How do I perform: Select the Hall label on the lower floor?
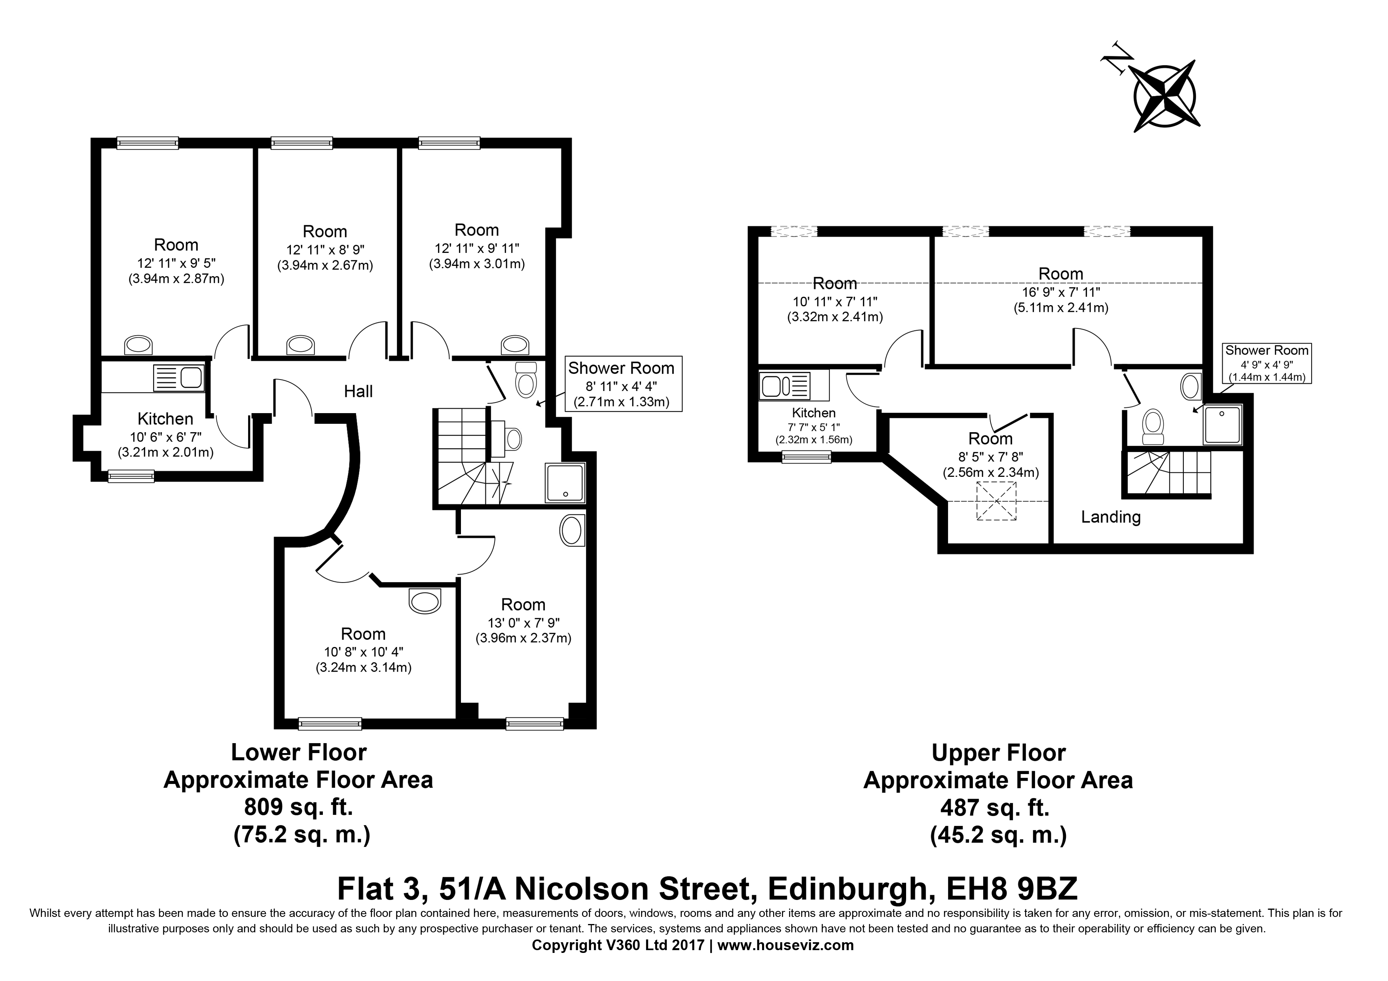point(358,392)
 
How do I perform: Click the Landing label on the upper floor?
point(1111,517)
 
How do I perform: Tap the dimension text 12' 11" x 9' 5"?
point(176,263)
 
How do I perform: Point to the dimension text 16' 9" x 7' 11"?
point(1060,292)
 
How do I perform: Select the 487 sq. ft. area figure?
point(998,808)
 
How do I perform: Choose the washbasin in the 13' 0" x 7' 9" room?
point(572,531)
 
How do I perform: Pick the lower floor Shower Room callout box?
point(623,384)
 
